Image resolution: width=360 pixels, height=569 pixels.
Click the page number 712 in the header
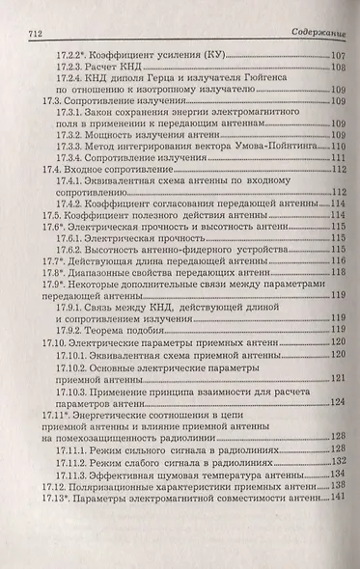click(27, 33)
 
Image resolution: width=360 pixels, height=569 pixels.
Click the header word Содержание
click(318, 33)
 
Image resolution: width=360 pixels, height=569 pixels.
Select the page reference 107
click(338, 55)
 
